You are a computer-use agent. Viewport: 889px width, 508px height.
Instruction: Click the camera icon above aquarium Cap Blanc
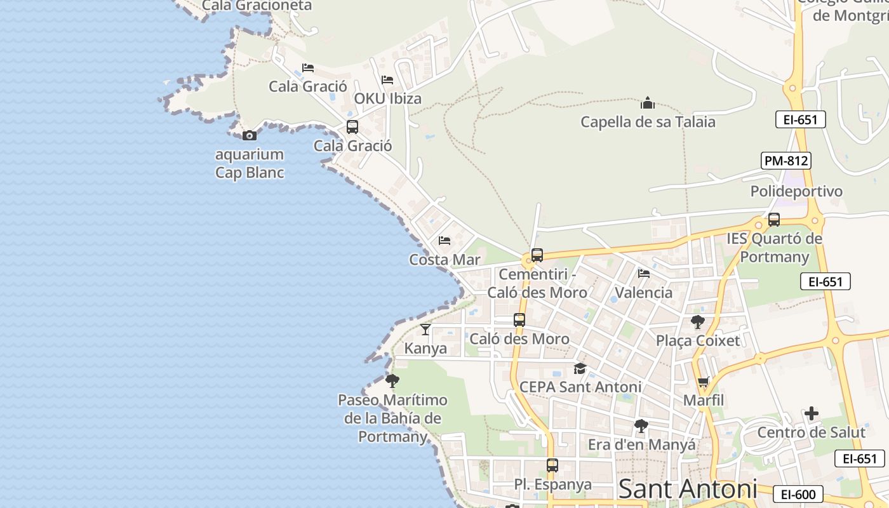point(250,135)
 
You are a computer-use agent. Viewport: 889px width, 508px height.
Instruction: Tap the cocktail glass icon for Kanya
point(425,329)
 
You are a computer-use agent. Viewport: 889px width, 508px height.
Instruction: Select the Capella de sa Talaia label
point(648,121)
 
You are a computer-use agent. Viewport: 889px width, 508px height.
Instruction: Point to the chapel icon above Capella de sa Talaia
point(648,102)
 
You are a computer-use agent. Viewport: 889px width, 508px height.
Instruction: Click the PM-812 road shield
point(786,161)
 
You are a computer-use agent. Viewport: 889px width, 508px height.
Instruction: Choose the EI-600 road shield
point(798,494)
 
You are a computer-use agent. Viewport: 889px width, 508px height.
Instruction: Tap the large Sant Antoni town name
point(688,489)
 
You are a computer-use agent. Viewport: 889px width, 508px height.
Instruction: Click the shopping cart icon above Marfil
point(703,382)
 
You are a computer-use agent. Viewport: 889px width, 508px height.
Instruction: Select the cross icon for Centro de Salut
point(811,414)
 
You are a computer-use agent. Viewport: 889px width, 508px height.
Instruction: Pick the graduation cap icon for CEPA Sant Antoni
point(580,368)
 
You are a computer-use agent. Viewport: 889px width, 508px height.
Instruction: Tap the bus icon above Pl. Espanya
point(552,465)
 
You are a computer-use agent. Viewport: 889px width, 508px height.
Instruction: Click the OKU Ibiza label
point(387,99)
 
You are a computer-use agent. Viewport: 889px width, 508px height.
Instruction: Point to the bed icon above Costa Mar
point(444,241)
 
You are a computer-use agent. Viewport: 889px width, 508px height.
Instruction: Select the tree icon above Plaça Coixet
point(698,322)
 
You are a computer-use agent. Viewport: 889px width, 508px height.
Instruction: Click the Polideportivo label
point(796,191)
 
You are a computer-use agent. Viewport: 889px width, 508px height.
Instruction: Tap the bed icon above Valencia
point(644,274)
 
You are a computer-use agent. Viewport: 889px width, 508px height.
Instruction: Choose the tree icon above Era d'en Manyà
point(641,426)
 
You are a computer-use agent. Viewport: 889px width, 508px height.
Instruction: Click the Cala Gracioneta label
point(257,6)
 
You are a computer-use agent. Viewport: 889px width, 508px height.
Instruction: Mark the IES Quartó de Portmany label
point(774,248)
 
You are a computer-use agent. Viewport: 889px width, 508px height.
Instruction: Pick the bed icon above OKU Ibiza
point(387,80)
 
